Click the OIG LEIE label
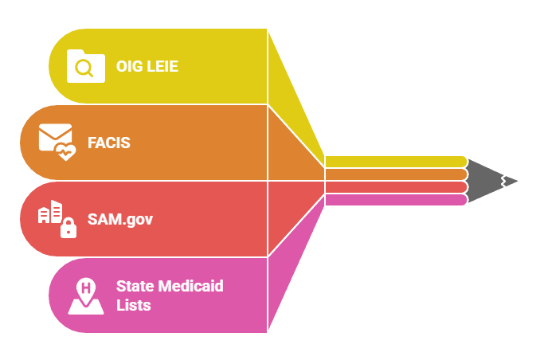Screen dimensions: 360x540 (147, 66)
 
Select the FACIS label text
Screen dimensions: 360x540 (108, 143)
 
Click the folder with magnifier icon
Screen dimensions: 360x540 (85, 66)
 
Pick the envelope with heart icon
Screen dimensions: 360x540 (57, 142)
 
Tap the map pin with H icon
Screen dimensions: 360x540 (85, 295)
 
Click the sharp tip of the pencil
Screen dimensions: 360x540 (518, 181)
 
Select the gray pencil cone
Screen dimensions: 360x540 (486, 180)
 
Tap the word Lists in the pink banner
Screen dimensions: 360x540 (133, 304)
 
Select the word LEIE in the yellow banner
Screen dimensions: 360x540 (162, 66)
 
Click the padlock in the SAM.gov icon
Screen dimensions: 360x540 (68, 228)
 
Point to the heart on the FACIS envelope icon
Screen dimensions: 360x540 (66, 151)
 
